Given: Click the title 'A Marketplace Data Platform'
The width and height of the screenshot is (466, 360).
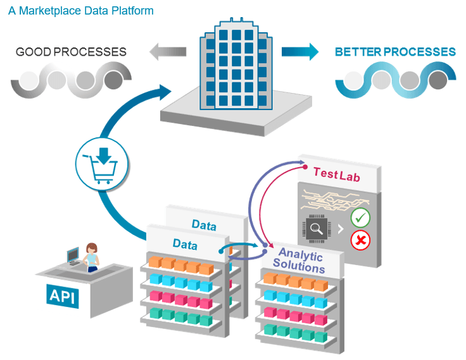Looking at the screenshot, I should point(80,11).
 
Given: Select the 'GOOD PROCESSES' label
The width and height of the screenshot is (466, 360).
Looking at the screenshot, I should point(71,52).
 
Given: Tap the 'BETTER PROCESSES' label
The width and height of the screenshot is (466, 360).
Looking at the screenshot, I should point(395,52).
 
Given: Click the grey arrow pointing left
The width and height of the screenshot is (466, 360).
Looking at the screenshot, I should point(168,51).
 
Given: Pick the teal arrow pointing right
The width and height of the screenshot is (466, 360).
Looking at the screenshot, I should point(300,51).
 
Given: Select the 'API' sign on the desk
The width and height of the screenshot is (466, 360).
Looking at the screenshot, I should point(63,295).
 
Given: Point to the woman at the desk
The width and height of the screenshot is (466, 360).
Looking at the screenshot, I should point(92,256).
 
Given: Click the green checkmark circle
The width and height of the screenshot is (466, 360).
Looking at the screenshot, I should point(360,218).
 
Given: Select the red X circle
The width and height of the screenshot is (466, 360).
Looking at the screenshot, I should point(360,240).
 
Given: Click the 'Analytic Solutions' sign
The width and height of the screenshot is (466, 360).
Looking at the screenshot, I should point(301,261).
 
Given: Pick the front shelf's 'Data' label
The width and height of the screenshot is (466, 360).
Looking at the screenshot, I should point(185,244).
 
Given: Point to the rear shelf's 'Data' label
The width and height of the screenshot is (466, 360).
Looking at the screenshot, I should point(204,225).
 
